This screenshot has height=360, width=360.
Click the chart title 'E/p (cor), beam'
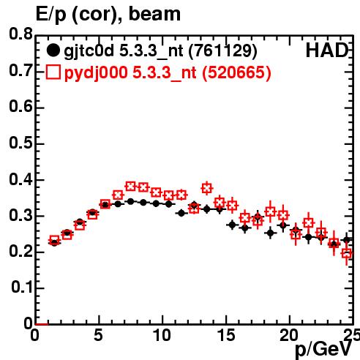[x=108, y=15]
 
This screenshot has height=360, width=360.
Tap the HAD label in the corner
[x=327, y=50]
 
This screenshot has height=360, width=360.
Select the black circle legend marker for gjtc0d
[x=53, y=50]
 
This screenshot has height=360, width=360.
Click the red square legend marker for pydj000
[x=53, y=72]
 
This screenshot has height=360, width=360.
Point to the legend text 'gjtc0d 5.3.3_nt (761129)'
[x=160, y=51]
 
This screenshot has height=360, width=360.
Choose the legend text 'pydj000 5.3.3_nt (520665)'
[x=168, y=73]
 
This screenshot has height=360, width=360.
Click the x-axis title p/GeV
[x=323, y=350]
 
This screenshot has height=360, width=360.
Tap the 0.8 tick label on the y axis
[x=20, y=34]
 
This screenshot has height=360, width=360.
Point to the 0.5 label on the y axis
[x=20, y=143]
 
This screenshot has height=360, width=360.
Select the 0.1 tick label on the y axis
[x=22, y=288]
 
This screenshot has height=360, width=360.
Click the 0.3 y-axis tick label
[x=20, y=215]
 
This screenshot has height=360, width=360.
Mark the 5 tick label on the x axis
[x=99, y=335]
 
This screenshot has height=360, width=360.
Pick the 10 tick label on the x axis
[x=162, y=335]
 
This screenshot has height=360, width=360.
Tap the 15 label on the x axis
[x=226, y=335]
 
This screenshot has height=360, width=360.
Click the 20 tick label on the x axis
[x=289, y=335]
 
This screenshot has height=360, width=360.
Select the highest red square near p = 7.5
[x=130, y=187]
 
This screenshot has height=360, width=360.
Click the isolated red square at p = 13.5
[x=207, y=188]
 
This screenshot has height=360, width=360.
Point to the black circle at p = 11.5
[x=181, y=213]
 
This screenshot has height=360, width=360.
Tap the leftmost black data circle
[x=54, y=242]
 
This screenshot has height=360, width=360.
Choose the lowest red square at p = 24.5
[x=347, y=253]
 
